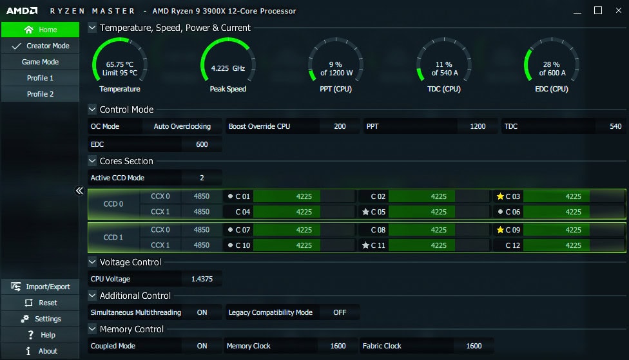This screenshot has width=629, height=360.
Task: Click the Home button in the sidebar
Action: [39, 30]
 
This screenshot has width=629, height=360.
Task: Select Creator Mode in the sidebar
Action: [39, 46]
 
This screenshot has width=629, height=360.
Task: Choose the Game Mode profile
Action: [39, 62]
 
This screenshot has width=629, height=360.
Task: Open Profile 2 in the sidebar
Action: [39, 94]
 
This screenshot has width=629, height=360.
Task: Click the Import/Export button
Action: [39, 287]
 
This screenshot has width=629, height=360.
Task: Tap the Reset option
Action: [39, 303]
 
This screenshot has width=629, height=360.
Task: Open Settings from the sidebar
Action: [39, 319]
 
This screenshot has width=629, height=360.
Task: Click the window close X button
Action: [616, 10]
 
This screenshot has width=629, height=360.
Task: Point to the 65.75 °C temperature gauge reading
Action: [120, 64]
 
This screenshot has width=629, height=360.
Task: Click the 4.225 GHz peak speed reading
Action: [228, 68]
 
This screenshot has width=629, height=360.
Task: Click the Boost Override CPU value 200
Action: [340, 126]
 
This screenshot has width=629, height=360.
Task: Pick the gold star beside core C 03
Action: [500, 196]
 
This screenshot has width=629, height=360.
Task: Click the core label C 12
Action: [513, 245]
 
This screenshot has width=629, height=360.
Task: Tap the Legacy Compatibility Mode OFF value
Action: [340, 312]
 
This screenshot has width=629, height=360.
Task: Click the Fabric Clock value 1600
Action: [474, 346]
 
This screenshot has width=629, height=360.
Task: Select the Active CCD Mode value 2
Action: [202, 178]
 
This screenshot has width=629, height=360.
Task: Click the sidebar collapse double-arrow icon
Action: [79, 191]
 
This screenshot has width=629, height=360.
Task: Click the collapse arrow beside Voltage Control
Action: [92, 262]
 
